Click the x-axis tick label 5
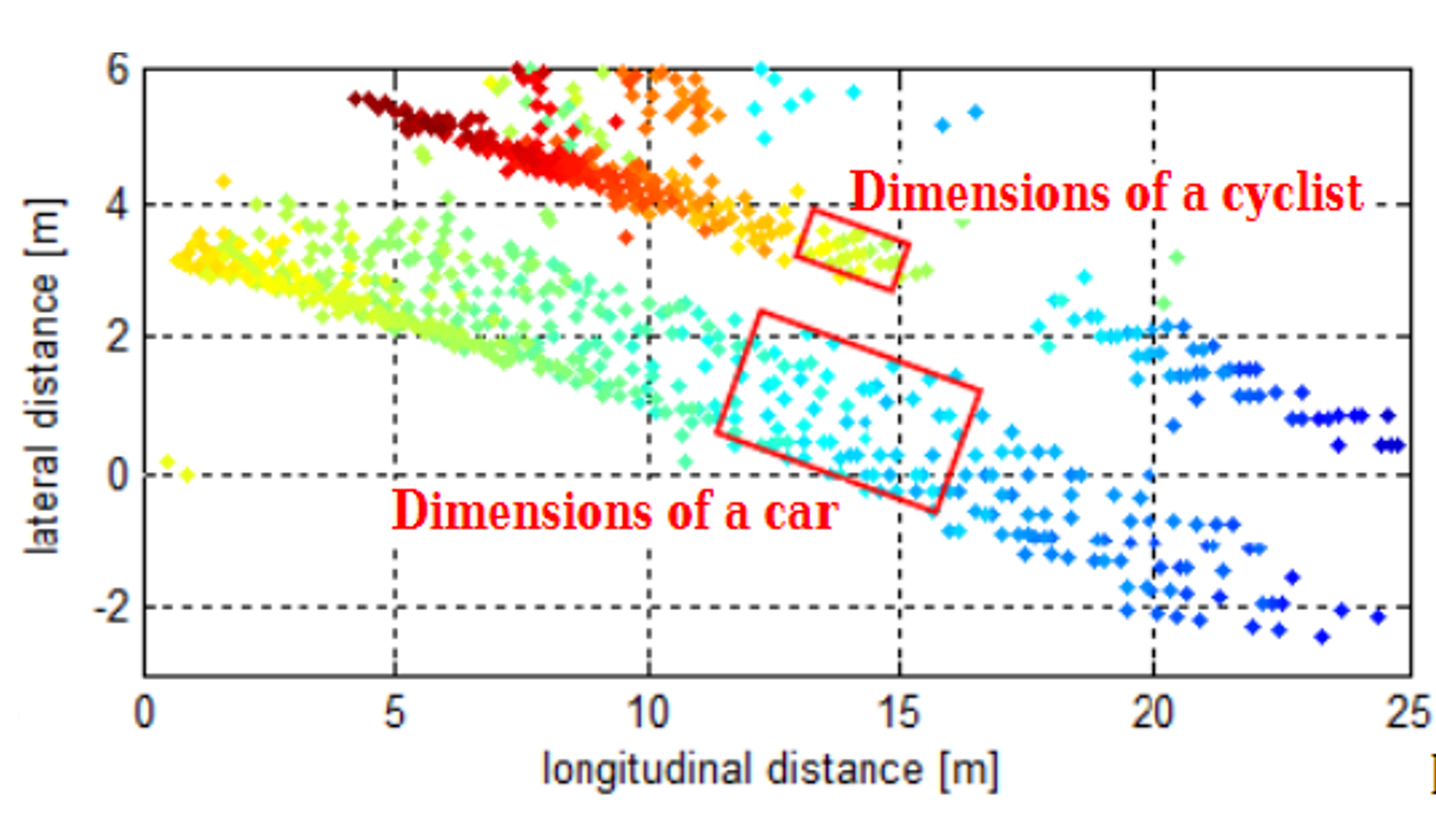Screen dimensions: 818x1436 pos(393,714)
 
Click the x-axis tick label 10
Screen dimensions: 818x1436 pos(647,714)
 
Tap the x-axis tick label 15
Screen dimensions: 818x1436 pos(899,714)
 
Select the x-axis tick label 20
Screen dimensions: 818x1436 pos(1152,714)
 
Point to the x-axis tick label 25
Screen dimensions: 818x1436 pos(1407,714)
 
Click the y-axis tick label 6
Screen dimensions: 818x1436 pos(118,70)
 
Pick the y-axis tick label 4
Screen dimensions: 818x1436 pos(118,205)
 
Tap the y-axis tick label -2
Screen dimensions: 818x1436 pos(111,608)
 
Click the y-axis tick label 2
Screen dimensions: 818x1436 pos(118,337)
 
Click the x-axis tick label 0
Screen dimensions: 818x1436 pos(145,714)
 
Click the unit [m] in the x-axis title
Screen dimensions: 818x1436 pos(968,770)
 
